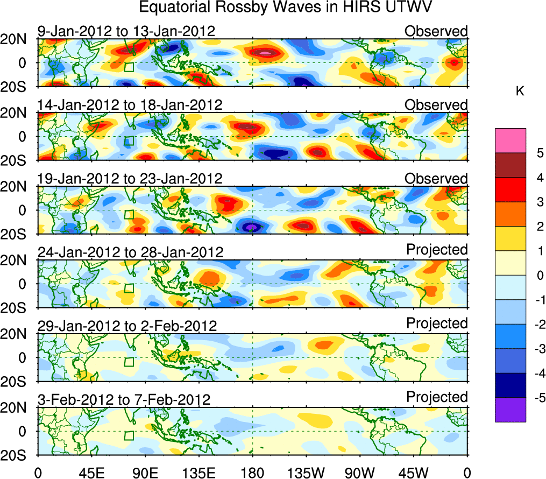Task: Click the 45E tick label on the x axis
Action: click(90, 472)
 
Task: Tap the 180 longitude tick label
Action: click(252, 472)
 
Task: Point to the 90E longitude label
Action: click(145, 472)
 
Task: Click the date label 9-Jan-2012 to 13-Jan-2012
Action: click(126, 31)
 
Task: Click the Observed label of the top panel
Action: click(436, 31)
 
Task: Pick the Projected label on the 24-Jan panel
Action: click(437, 250)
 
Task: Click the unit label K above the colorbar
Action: click(520, 92)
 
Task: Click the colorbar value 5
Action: click(539, 153)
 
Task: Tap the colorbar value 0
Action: click(539, 275)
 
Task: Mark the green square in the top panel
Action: click(128, 67)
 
